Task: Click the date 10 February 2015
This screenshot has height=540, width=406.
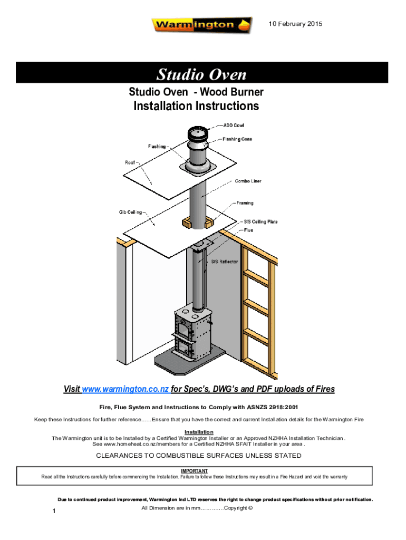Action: pos(296,24)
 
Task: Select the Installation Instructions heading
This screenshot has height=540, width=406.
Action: pos(196,106)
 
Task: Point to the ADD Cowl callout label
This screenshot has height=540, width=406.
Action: pos(233,125)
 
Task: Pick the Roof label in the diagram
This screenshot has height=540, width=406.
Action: pos(130,162)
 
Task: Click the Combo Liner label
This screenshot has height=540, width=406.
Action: pos(248,181)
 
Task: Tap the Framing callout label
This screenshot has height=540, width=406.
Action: pos(244,202)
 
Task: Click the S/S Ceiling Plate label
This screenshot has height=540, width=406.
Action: pos(260,222)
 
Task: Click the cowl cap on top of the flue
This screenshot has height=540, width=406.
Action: pos(196,134)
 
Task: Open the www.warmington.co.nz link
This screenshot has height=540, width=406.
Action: pos(125,389)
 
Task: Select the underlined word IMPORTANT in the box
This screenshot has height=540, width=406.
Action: pos(194,470)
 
